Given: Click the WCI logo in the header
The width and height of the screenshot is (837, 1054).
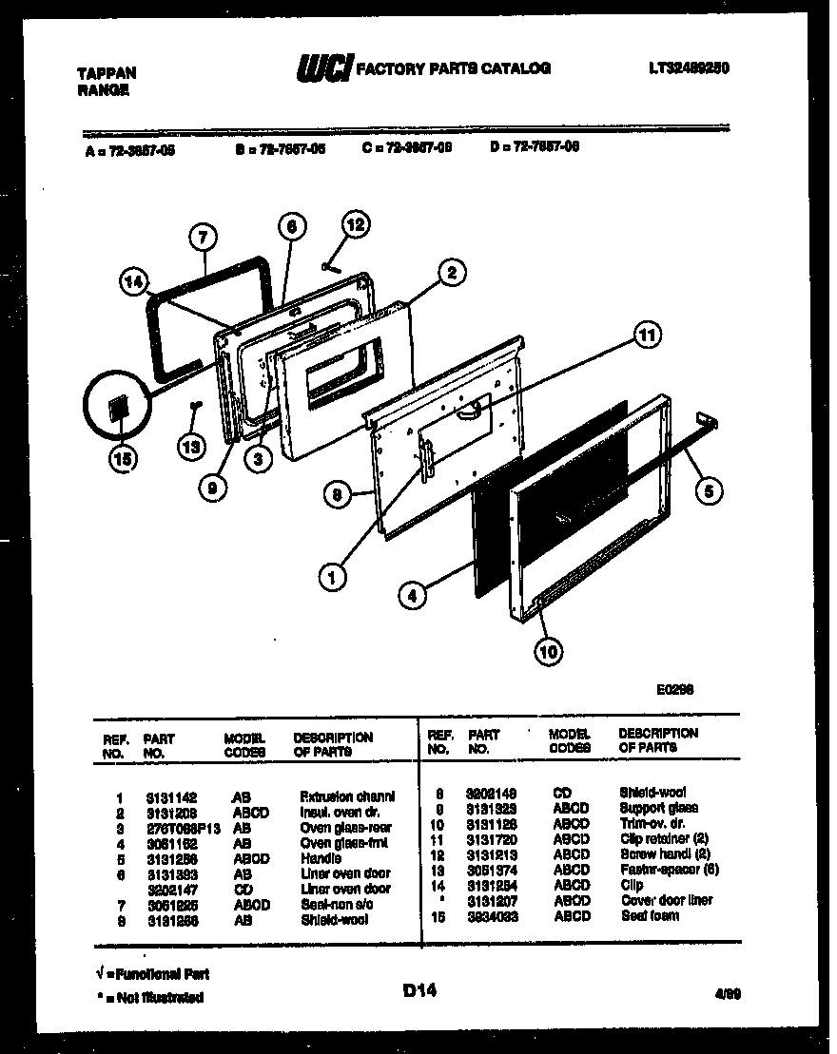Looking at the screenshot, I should click(323, 67).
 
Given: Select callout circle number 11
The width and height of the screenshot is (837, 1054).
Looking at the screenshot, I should click(647, 335).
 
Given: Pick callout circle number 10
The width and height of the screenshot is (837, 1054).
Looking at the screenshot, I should click(549, 651).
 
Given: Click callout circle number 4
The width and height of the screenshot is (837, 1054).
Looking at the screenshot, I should click(411, 598).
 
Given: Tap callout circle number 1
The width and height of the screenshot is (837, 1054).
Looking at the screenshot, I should click(332, 576).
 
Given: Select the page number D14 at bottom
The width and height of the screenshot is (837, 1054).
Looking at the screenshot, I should click(418, 991).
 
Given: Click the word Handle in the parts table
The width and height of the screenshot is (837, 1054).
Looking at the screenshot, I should click(321, 858).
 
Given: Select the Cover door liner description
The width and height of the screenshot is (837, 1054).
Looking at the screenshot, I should click(666, 900).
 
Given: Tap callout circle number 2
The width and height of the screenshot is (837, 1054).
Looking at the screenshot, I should click(452, 273).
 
